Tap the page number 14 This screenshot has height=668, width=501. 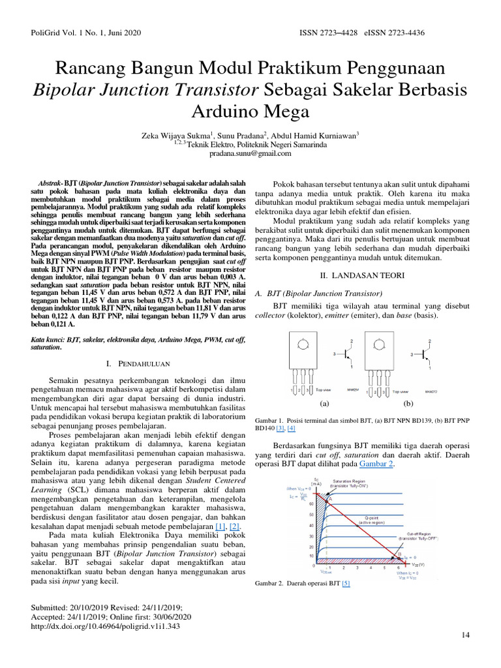point(465,635)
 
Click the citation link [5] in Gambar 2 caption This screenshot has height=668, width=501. point(346,583)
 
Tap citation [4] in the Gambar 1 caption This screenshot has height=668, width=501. point(291,428)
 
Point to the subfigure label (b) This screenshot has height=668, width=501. point(408,403)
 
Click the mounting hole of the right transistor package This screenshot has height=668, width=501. point(378,344)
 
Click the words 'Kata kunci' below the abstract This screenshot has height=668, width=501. point(48,340)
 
